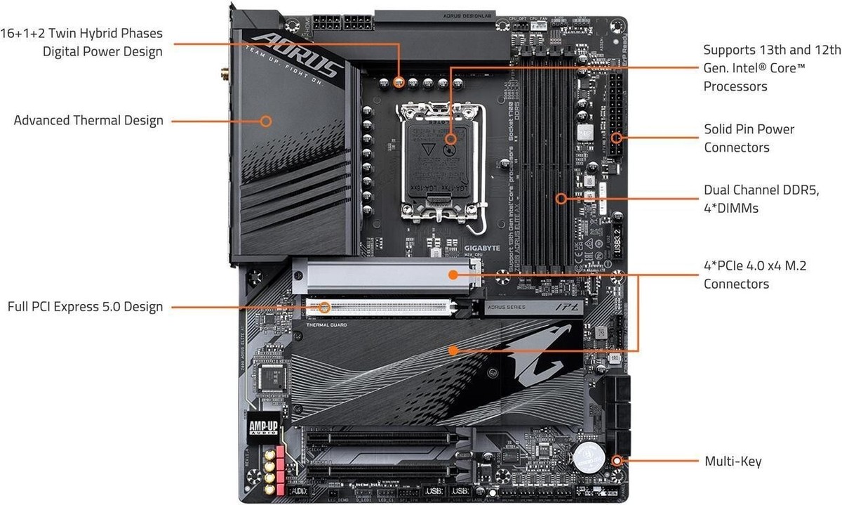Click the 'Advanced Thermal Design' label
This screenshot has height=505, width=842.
point(88,120)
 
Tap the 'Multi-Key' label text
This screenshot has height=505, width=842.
point(733,461)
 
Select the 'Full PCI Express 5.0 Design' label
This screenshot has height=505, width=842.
point(85,307)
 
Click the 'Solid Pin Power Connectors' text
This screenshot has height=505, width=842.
point(749,138)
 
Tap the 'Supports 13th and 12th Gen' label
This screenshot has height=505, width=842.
point(772,68)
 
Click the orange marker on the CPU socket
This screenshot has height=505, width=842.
point(450,139)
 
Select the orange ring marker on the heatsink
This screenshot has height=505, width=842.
point(265,120)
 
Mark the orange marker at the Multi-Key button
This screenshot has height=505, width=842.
point(617,461)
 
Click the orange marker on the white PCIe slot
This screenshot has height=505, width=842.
point(324,307)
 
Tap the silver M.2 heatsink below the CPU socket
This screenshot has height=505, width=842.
point(386,274)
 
